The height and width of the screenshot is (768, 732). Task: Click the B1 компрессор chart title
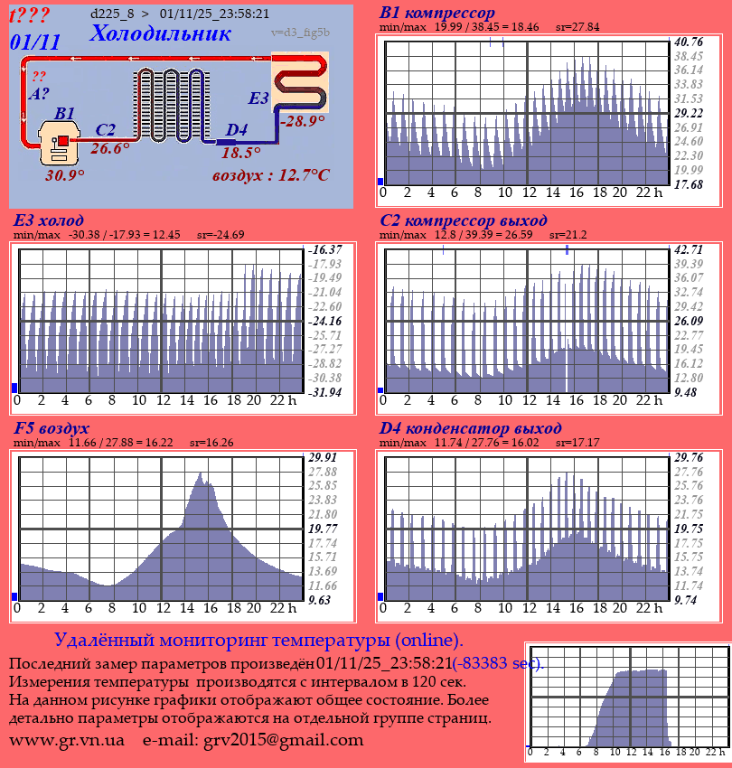click(437, 13)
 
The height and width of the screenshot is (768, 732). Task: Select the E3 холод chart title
click(49, 220)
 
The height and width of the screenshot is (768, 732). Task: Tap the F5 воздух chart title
click(52, 427)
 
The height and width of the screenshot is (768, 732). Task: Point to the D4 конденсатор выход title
click(471, 427)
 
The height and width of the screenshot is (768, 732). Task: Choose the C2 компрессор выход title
click(464, 220)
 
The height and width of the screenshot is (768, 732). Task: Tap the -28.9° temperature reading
click(302, 120)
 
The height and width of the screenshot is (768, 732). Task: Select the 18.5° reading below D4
click(240, 153)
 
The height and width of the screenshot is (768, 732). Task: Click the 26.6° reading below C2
click(110, 148)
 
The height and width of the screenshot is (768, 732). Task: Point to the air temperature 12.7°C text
click(270, 174)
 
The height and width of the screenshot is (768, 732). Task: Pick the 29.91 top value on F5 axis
click(323, 457)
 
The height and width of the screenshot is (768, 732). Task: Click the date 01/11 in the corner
click(35, 42)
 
